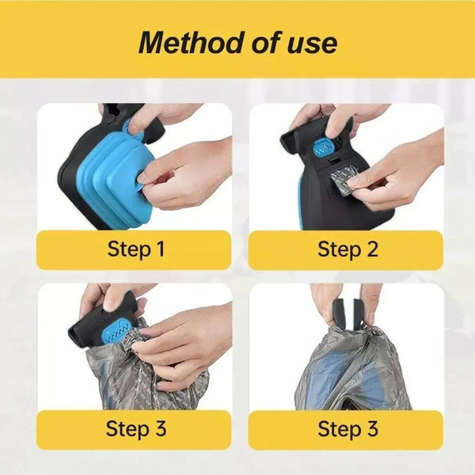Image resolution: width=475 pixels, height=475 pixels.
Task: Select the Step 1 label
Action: coord(135,249)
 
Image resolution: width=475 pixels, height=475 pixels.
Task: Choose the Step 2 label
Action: coord(348,249)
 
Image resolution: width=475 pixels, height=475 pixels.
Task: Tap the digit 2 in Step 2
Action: coord(372,249)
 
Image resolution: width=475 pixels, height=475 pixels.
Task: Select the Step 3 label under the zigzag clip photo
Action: coord(136,429)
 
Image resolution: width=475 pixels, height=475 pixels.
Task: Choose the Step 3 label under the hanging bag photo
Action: coord(348,429)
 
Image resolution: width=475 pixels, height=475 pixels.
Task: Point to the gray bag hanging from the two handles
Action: coord(353,370)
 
